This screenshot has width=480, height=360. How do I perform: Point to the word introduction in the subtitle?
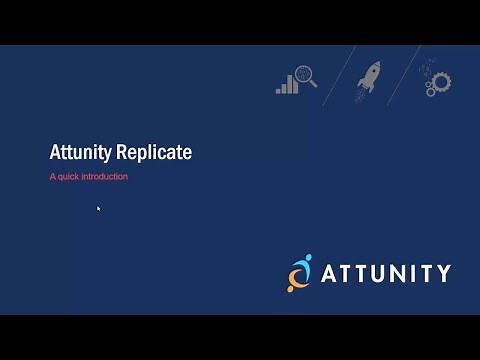(x=106, y=177)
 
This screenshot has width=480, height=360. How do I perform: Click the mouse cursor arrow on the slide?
(x=98, y=208)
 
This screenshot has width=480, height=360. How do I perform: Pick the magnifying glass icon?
(x=305, y=75)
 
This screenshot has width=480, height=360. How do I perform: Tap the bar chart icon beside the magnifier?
(x=287, y=84)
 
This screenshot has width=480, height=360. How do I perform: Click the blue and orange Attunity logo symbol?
(x=299, y=272)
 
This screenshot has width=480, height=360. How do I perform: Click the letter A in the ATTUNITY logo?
(x=332, y=273)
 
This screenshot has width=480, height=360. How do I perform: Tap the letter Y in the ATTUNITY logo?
(x=442, y=273)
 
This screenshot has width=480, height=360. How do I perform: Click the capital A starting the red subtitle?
(x=53, y=177)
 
